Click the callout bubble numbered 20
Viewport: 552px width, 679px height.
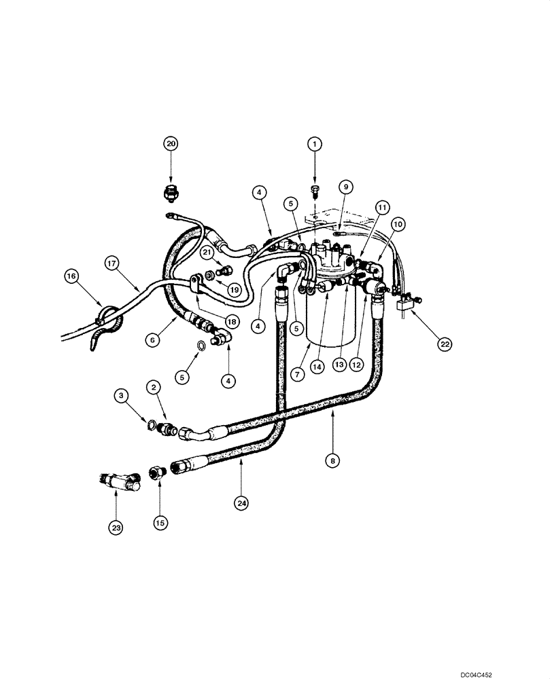pyautogui.click(x=170, y=143)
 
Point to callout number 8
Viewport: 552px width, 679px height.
pyautogui.click(x=332, y=461)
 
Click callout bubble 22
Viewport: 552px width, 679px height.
pyautogui.click(x=444, y=345)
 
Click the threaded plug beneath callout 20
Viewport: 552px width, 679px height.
pyautogui.click(x=170, y=194)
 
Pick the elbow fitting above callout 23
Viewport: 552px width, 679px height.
pyautogui.click(x=119, y=483)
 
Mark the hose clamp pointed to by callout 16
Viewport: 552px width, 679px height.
pyautogui.click(x=107, y=316)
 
